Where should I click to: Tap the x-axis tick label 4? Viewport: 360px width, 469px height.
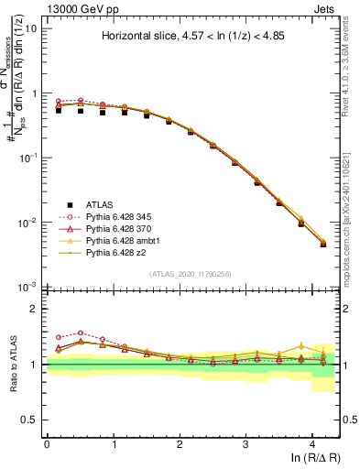click(x=312, y=442)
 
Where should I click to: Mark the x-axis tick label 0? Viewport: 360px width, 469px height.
click(x=47, y=442)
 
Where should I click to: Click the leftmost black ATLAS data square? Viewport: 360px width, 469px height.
click(x=59, y=110)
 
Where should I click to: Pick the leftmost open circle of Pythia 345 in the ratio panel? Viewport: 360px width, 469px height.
click(x=59, y=337)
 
